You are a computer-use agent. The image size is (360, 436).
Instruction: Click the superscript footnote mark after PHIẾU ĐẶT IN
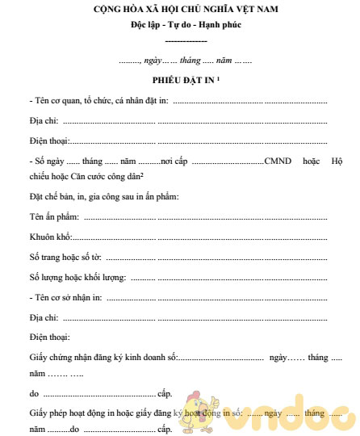[x=219, y=79]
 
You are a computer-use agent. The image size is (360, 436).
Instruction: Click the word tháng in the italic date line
[x=191, y=61]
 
